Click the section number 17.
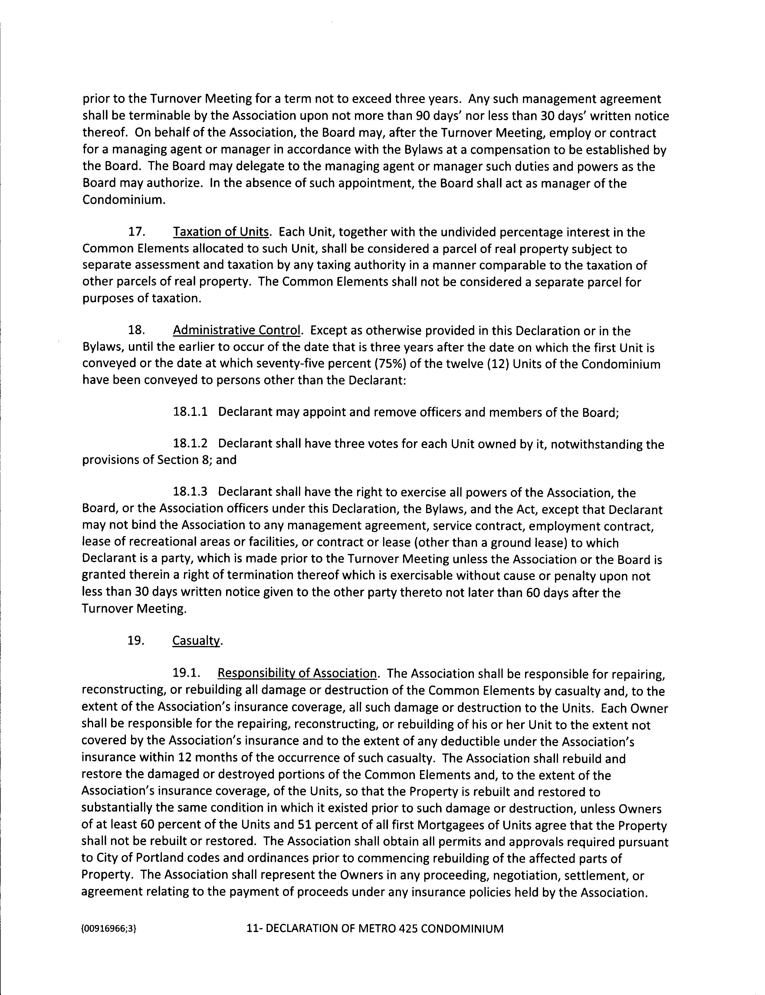tap(136, 232)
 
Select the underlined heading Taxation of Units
tap(221, 232)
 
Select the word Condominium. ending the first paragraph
tap(124, 199)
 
